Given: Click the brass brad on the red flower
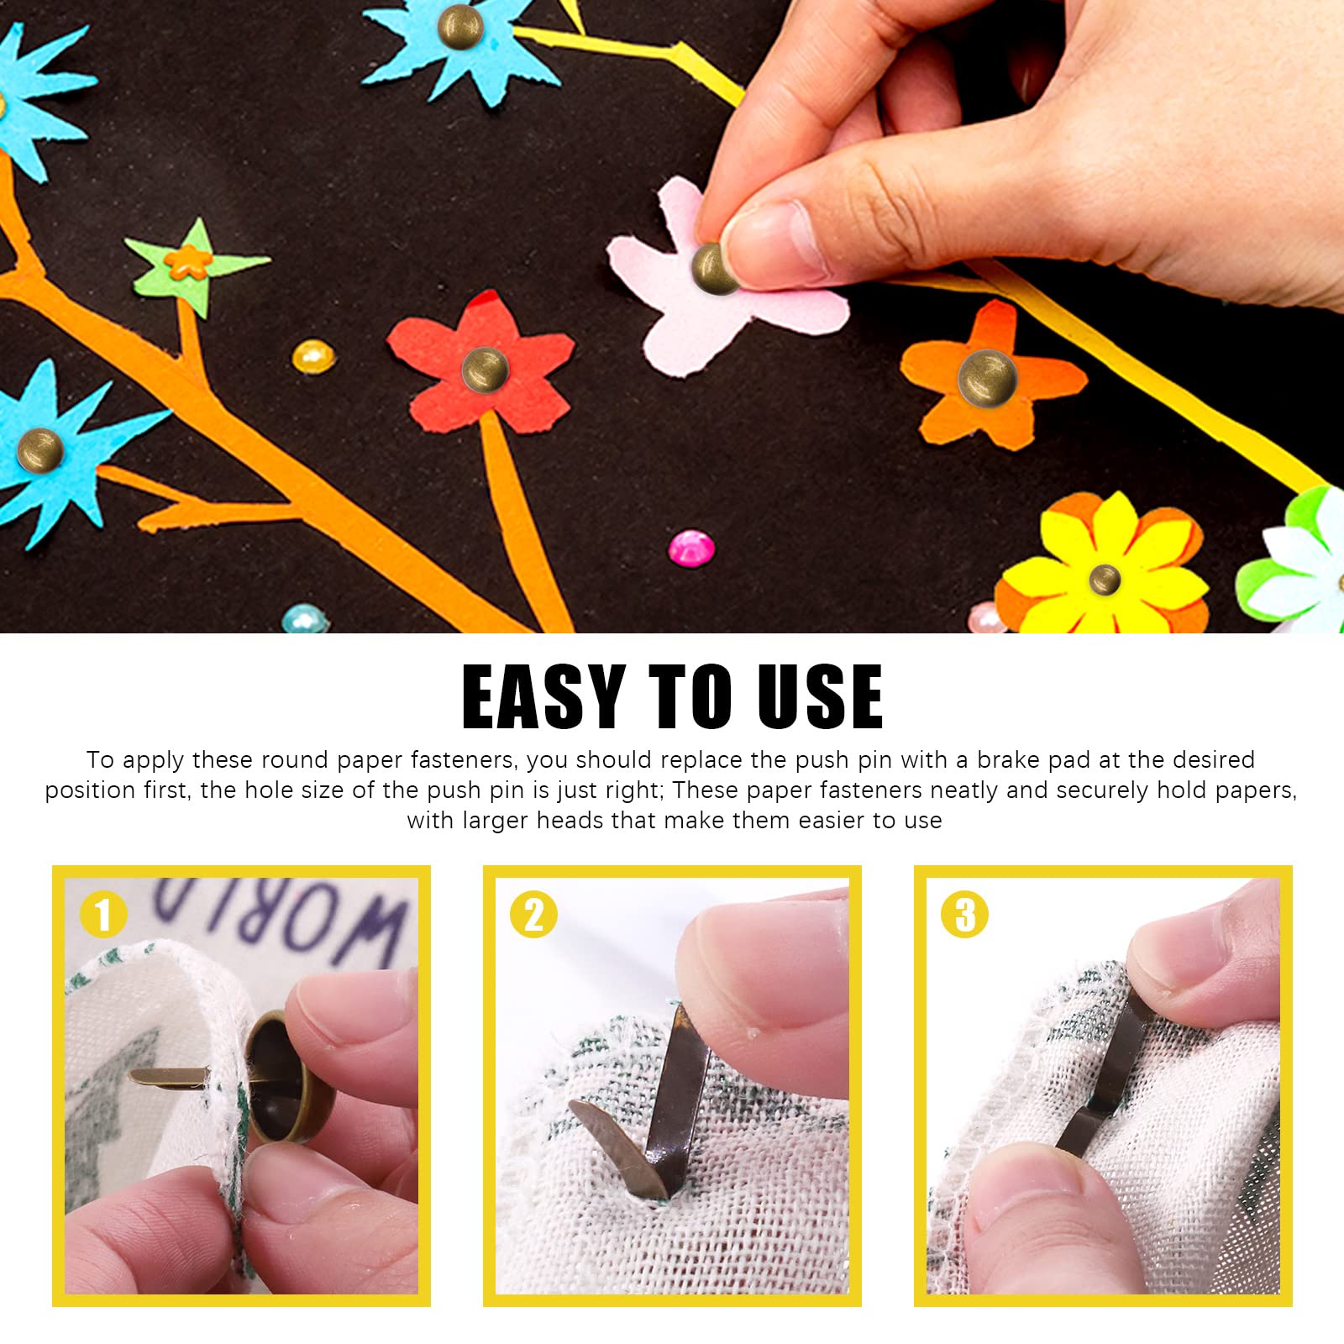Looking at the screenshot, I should tap(485, 369).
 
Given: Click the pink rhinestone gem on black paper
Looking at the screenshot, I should tap(691, 548).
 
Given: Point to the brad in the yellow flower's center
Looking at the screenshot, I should tap(1104, 578).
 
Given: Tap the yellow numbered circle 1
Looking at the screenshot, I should tap(103, 915).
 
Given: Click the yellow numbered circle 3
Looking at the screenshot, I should tap(965, 915).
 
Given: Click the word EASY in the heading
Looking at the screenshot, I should tap(543, 697).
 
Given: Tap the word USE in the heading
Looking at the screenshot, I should tap(819, 697).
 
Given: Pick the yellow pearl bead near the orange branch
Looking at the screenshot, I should tap(313, 357).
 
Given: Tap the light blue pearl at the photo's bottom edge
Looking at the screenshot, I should tap(303, 619).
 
